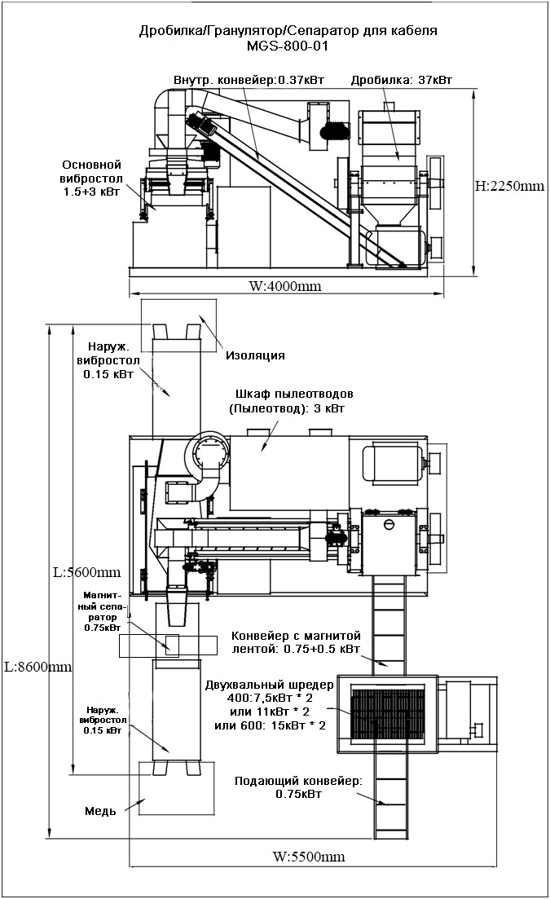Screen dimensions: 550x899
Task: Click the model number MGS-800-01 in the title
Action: (287, 46)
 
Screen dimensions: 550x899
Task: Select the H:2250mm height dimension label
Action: (509, 186)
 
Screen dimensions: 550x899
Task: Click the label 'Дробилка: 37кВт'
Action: (401, 80)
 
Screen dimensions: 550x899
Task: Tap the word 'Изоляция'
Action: (255, 355)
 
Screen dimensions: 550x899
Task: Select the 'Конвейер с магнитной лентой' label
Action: (296, 642)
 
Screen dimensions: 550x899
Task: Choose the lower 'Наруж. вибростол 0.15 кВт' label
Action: (101, 721)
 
